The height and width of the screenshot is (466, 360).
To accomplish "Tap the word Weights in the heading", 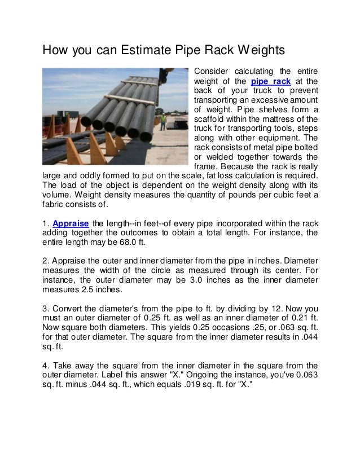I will [x=252, y=52].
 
